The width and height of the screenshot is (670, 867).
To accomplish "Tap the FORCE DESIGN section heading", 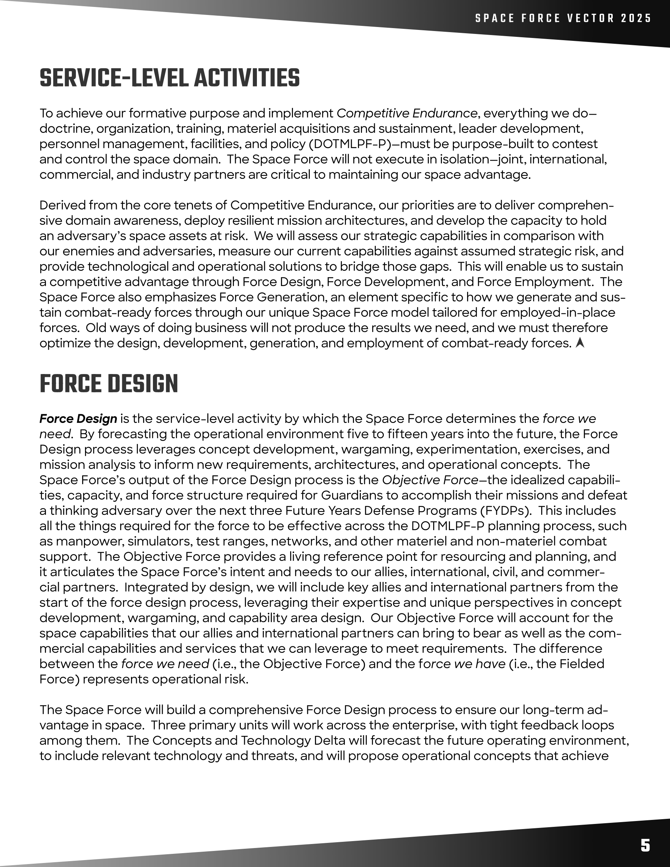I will click(109, 384).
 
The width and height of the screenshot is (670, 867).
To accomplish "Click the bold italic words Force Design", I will click(78, 419).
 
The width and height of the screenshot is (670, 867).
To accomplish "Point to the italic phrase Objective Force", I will click(430, 480).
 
